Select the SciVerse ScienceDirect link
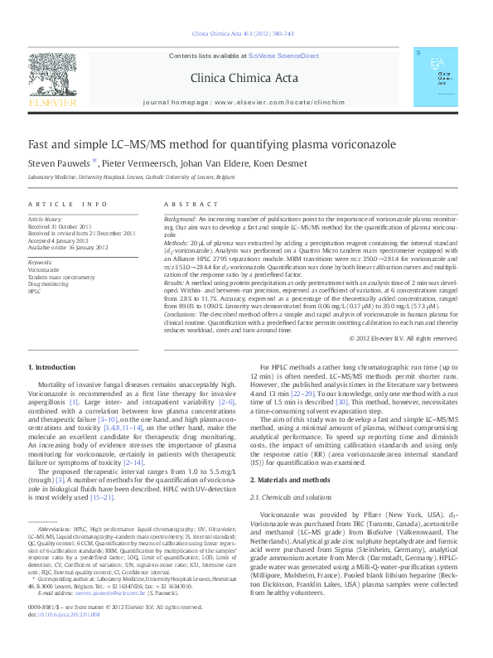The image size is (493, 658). click(x=278, y=56)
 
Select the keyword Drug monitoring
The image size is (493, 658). click(x=48, y=284)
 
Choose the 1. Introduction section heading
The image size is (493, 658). click(x=54, y=389)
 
